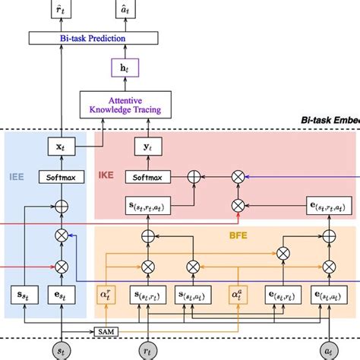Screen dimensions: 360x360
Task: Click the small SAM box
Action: click(x=103, y=332)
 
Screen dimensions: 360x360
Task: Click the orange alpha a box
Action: click(x=236, y=294)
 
